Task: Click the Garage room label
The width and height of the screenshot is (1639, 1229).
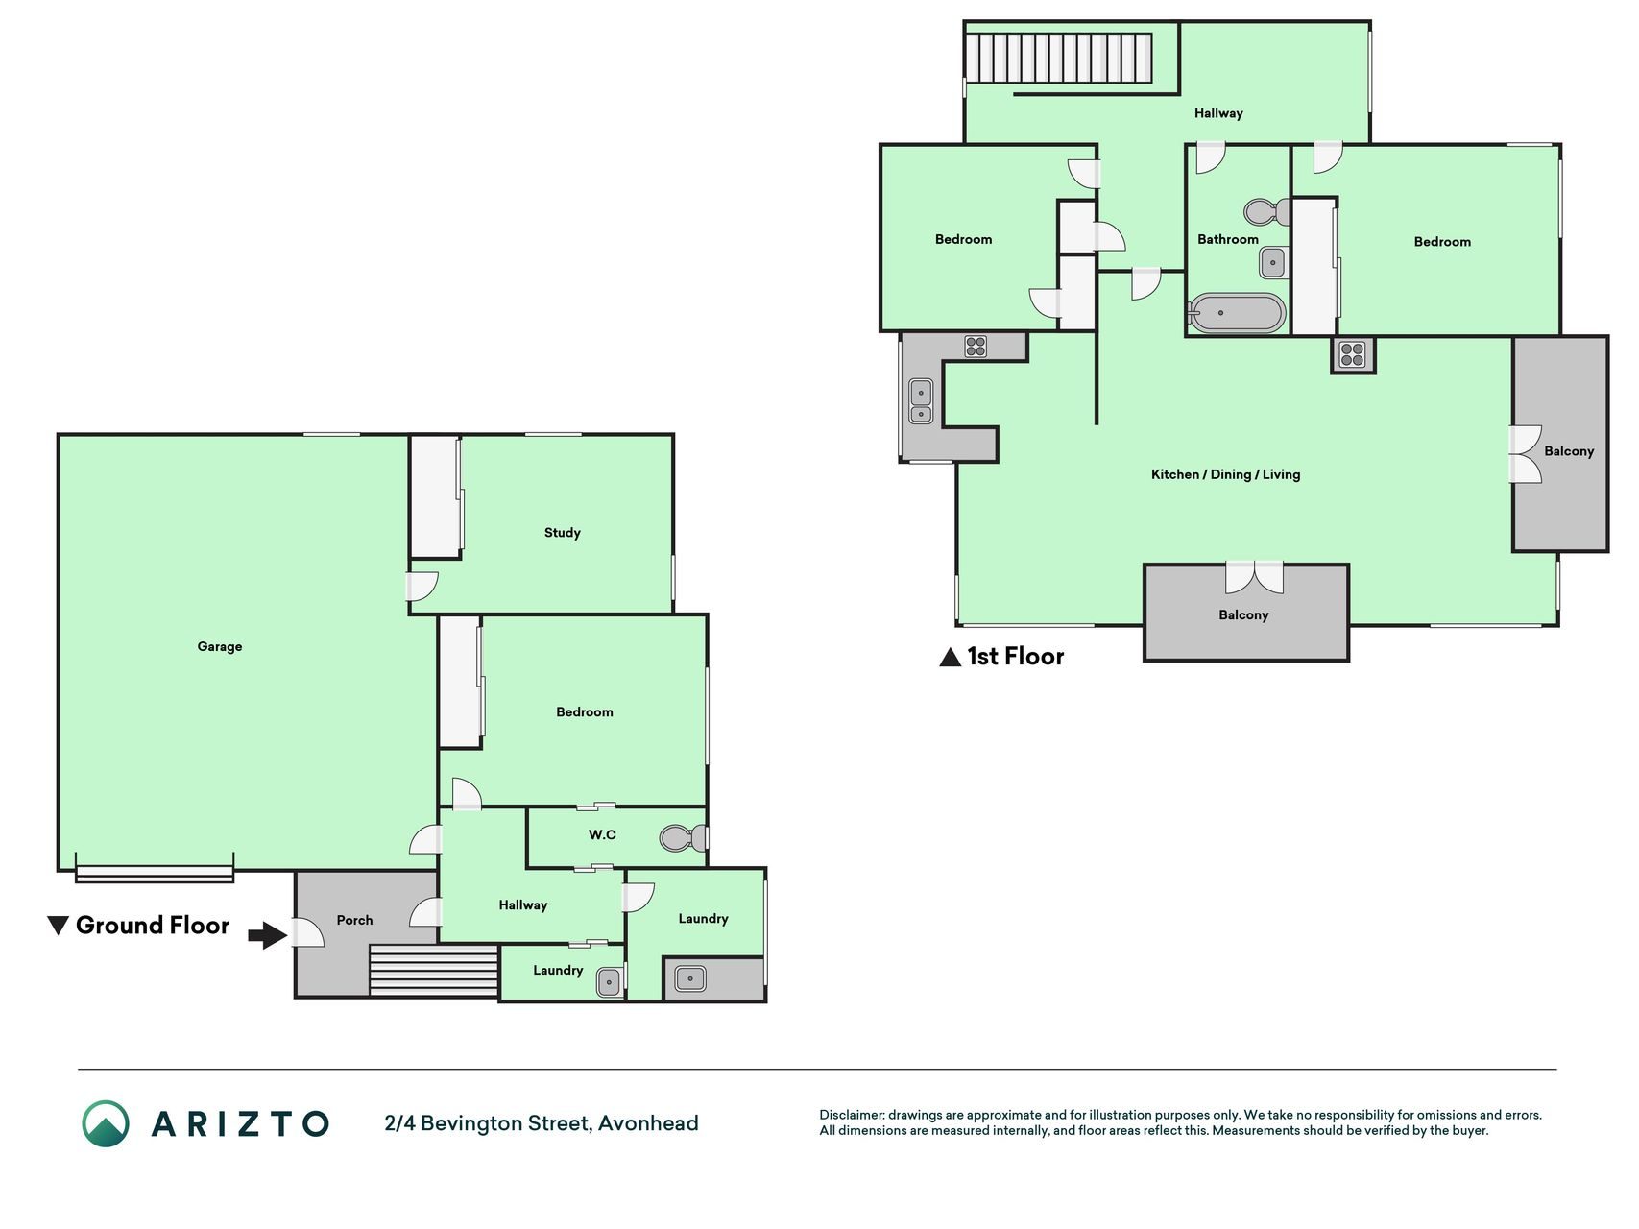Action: click(220, 646)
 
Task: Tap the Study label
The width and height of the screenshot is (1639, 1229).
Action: click(563, 533)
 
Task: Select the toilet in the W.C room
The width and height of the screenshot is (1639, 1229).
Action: click(684, 838)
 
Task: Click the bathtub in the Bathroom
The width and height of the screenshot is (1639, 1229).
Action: click(1237, 313)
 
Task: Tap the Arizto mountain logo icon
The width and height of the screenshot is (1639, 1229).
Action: click(106, 1123)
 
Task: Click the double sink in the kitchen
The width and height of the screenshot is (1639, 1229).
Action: click(921, 401)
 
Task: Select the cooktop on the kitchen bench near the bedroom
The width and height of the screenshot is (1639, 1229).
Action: click(976, 346)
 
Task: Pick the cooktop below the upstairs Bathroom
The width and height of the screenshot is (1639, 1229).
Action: click(1353, 354)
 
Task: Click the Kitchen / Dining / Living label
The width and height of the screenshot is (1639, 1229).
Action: click(1225, 474)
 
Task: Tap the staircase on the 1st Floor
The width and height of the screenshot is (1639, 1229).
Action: click(1059, 59)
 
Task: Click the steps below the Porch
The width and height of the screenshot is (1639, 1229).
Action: click(434, 971)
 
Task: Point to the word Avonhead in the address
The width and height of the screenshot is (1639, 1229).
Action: click(648, 1123)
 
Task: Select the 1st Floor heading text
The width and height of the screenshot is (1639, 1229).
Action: click(1016, 657)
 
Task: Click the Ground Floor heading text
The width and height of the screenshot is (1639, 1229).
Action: click(153, 926)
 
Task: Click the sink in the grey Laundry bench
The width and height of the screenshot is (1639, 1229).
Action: click(690, 979)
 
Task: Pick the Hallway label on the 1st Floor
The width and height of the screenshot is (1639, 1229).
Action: click(1218, 113)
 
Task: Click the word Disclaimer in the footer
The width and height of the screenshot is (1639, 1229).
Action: click(852, 1116)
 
